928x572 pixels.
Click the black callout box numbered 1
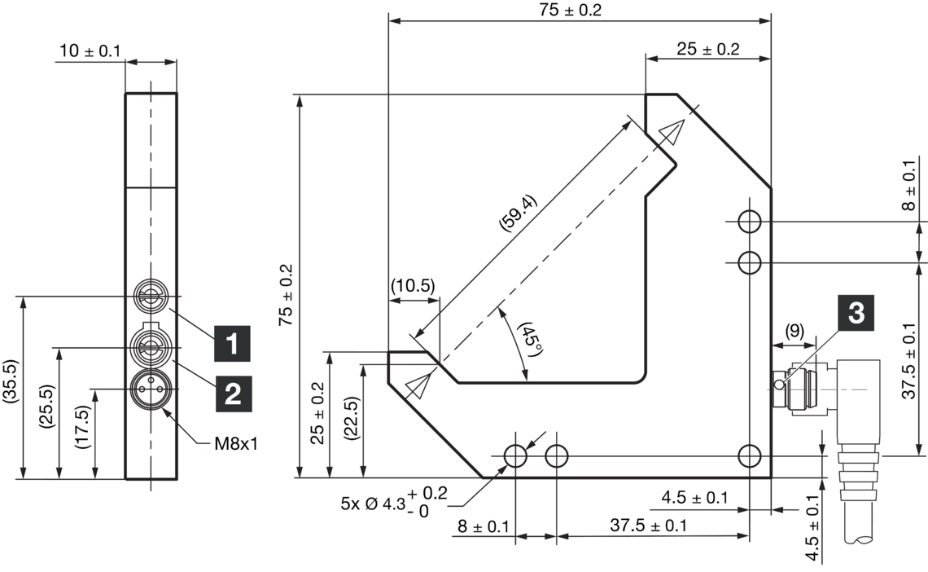pos(232,344)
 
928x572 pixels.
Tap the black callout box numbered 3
pos(856,314)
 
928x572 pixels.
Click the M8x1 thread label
pos(237,444)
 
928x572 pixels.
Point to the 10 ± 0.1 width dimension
pos(89,51)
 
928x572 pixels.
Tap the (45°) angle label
pos(530,337)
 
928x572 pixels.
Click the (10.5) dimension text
pos(413,286)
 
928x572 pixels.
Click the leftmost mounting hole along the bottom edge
pos(515,455)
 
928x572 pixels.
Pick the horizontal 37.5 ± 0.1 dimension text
pos(648,526)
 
